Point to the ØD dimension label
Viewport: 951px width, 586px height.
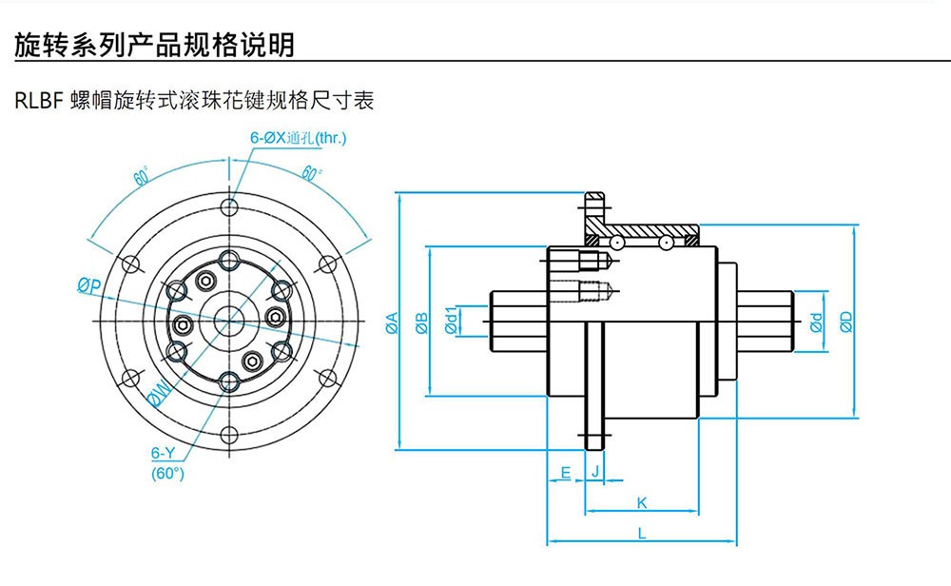(x=845, y=322)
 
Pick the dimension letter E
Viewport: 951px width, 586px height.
(x=565, y=472)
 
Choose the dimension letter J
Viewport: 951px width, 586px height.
(x=595, y=472)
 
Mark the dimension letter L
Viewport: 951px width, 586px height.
(x=642, y=534)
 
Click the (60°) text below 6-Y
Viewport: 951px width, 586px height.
(x=167, y=472)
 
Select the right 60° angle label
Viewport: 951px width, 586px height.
(x=311, y=173)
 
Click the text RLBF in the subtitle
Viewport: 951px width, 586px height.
(x=39, y=100)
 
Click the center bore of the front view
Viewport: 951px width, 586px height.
(x=228, y=321)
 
